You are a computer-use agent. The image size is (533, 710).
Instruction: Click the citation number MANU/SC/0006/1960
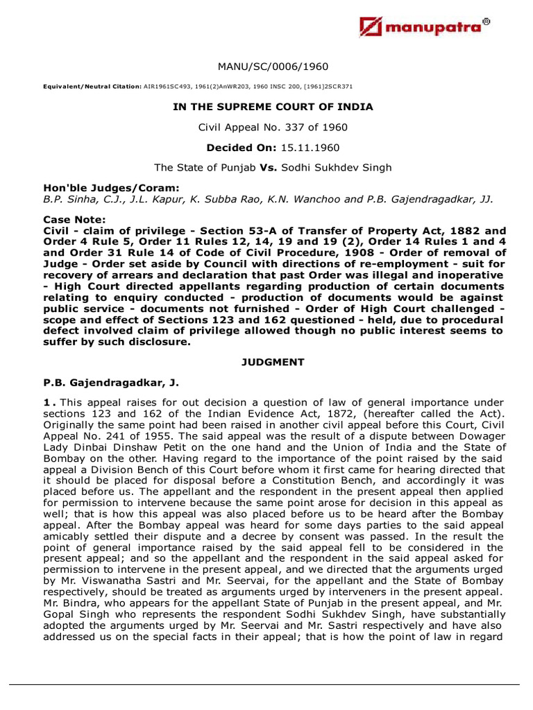point(266,67)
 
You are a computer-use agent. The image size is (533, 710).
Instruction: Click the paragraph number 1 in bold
point(46,403)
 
